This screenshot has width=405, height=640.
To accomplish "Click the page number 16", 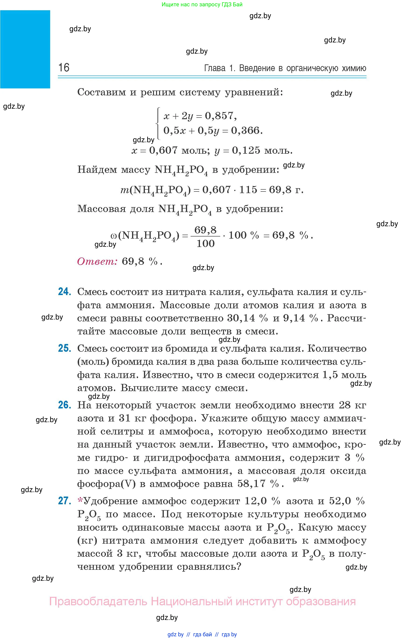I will click(x=64, y=68).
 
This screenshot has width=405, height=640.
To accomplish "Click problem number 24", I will click(x=64, y=292).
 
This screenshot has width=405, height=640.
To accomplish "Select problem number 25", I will click(x=64, y=348).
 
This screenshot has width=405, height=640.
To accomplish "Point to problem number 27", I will click(x=64, y=501).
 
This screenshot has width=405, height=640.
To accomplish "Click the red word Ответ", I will click(x=97, y=261).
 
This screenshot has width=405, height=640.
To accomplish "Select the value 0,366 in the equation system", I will click(x=245, y=131).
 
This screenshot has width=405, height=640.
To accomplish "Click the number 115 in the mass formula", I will click(x=248, y=190).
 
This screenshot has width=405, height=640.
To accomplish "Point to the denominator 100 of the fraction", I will click(x=205, y=243).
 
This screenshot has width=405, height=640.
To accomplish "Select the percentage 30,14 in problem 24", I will click(x=241, y=318).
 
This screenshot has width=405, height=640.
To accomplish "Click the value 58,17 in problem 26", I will click(x=251, y=483).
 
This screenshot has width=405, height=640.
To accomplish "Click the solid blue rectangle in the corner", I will click(x=25, y=49).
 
